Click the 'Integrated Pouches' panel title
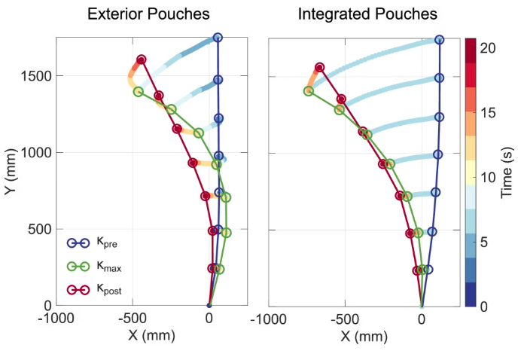pyautogui.click(x=367, y=14)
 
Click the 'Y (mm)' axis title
pyautogui.click(x=11, y=171)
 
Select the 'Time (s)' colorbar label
pyautogui.click(x=508, y=171)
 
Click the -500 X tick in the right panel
pyautogui.click(x=345, y=319)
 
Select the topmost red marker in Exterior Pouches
pyautogui.click(x=142, y=59)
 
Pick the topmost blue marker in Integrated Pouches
pyautogui.click(x=439, y=39)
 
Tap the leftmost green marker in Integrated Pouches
pyautogui.click(x=308, y=91)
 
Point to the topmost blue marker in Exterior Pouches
pyautogui.click(x=218, y=37)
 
